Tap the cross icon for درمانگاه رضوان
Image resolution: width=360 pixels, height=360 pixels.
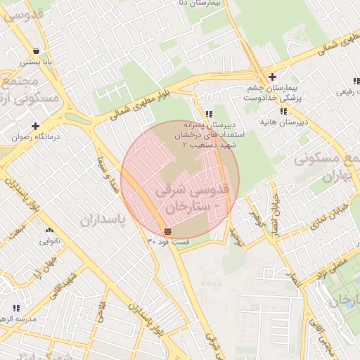35,126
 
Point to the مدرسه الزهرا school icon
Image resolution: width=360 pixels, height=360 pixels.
15,307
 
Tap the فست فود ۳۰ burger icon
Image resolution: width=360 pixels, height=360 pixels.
167,231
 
